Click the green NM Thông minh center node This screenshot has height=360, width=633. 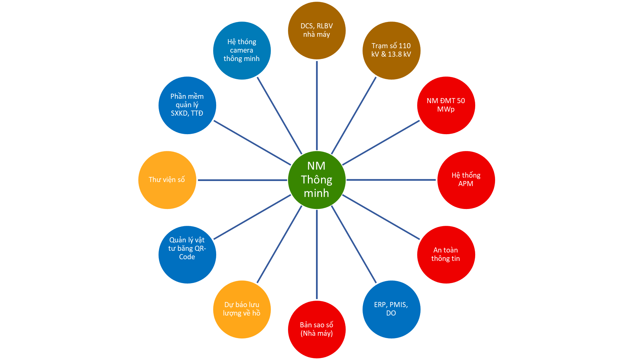317,180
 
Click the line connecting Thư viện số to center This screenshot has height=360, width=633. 242,180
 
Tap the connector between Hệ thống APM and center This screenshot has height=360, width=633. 391,180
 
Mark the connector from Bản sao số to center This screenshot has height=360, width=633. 317,254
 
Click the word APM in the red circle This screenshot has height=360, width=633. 466,184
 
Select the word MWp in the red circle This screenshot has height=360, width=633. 446,109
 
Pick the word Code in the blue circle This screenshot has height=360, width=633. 187,257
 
